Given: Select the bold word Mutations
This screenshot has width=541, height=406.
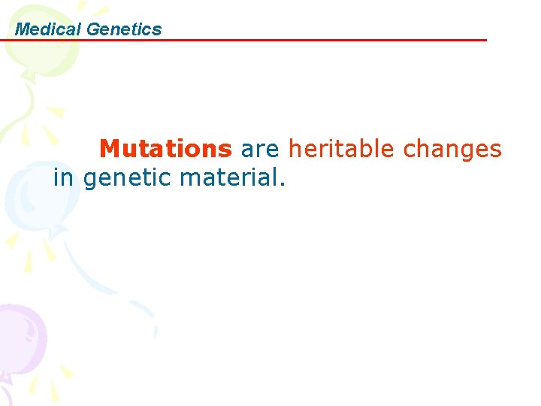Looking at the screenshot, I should (x=165, y=149).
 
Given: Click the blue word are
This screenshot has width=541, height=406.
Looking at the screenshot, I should (x=260, y=149).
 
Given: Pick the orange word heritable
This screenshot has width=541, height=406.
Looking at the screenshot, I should (x=343, y=149).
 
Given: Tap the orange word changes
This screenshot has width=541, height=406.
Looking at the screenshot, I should (x=452, y=149).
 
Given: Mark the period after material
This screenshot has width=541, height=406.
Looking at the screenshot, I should (x=283, y=185).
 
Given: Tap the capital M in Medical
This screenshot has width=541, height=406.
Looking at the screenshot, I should (x=22, y=29).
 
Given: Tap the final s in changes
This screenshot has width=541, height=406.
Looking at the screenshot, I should (x=495, y=150).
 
